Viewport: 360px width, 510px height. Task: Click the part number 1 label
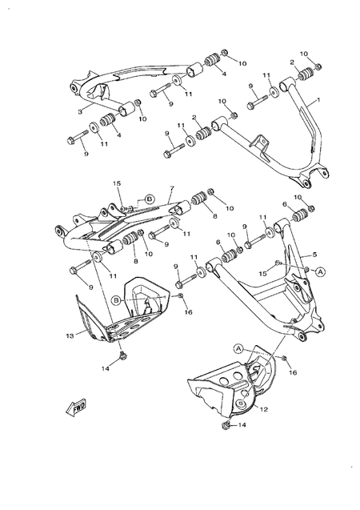[318, 101]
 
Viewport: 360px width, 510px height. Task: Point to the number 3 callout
[80, 111]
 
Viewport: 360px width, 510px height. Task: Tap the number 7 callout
[170, 189]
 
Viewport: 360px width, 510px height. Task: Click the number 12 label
[263, 409]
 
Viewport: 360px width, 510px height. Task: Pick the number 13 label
[70, 335]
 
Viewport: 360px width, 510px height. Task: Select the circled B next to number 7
[149, 197]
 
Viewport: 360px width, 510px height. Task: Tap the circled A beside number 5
[320, 271]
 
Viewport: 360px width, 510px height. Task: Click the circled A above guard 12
[238, 348]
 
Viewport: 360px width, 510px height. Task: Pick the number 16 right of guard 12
[293, 372]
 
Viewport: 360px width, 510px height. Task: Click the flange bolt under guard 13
[122, 355]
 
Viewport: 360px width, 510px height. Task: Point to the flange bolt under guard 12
[228, 426]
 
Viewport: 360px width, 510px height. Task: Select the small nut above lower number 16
[284, 357]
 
